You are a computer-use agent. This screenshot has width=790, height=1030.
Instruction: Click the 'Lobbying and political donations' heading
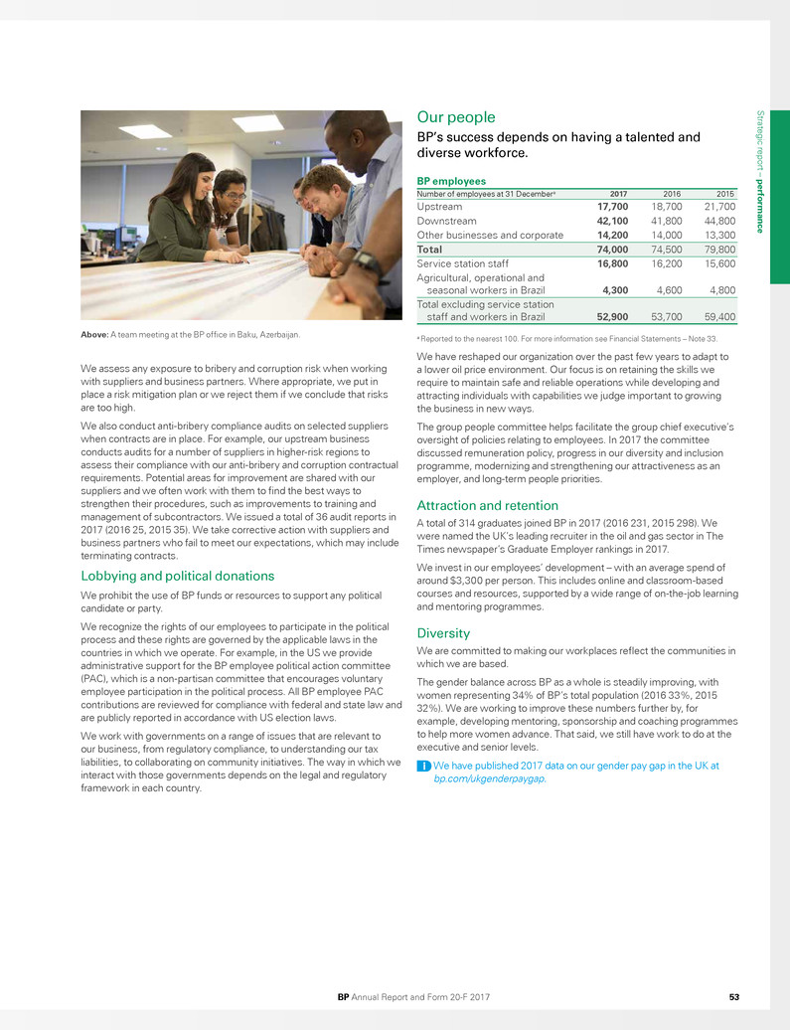click(176, 576)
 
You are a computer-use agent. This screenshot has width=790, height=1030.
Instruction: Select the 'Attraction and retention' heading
click(481, 505)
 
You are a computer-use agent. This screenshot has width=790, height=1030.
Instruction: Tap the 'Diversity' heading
click(442, 631)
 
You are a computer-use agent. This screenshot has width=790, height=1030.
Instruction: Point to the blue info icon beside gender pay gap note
click(422, 766)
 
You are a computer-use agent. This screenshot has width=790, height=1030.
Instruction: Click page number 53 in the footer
click(733, 995)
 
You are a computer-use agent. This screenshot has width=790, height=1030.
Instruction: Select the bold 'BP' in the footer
click(344, 995)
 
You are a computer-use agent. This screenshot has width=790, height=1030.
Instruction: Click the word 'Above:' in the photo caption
click(96, 333)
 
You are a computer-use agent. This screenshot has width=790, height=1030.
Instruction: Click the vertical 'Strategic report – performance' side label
click(760, 174)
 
